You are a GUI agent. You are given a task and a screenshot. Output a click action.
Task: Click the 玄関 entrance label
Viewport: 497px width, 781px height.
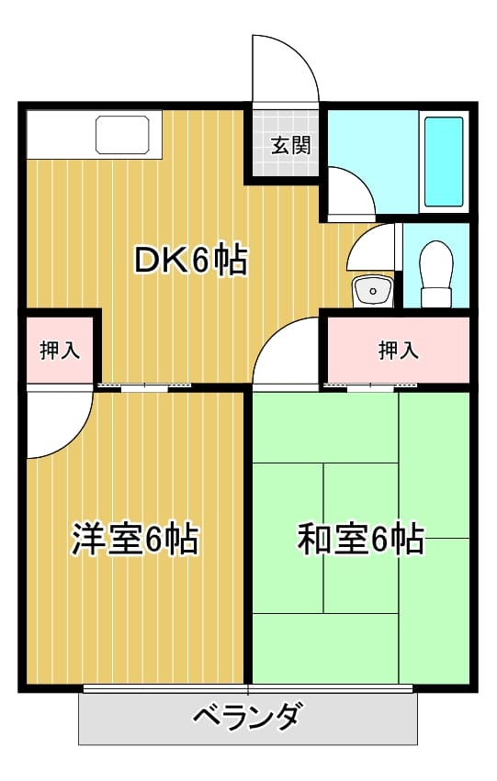[291, 145]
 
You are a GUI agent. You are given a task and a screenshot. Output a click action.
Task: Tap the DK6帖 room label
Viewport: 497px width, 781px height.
[191, 261]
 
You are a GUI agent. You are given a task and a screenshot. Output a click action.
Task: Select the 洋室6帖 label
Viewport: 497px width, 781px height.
[135, 539]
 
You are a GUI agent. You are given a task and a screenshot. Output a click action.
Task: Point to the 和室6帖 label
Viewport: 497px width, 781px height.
[361, 539]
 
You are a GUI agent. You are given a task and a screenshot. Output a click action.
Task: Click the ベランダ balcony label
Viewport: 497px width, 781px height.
[248, 718]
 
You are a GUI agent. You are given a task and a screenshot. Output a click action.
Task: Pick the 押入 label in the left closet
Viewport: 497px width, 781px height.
[60, 351]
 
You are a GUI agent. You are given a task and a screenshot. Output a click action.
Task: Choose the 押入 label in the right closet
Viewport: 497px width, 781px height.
[399, 351]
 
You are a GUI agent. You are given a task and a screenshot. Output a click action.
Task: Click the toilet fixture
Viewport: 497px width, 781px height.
[436, 274]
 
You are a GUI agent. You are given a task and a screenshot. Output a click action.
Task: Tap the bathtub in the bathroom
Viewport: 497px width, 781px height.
[444, 162]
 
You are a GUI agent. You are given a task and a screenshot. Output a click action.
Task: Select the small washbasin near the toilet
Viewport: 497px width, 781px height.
[372, 291]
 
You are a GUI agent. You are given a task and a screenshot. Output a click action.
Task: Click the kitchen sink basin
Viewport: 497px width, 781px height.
[122, 135]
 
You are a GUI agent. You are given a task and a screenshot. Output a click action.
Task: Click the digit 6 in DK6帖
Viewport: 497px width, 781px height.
[199, 261]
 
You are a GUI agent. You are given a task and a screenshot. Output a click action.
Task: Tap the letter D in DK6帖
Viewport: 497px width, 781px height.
[147, 261]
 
